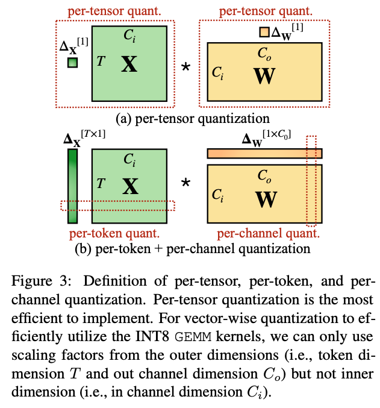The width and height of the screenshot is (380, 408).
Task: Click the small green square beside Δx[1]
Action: [x=72, y=62]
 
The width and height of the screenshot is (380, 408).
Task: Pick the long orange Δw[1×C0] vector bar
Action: [x=264, y=154]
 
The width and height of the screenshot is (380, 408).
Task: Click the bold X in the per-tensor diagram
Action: [x=129, y=64]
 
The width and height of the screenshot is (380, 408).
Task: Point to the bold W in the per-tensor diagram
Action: [x=264, y=77]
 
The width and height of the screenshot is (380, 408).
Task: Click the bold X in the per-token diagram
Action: [x=129, y=187]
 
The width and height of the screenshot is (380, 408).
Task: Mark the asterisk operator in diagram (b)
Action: [x=186, y=183]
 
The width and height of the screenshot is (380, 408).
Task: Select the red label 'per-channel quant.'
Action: [x=266, y=233]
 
